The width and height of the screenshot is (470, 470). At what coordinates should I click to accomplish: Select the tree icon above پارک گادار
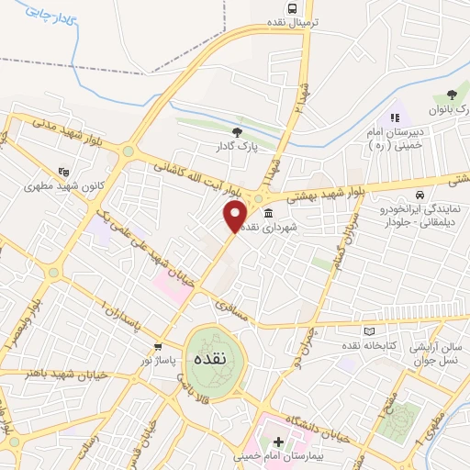pos(238,133)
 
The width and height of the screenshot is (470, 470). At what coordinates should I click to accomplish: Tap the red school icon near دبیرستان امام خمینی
pos(396,117)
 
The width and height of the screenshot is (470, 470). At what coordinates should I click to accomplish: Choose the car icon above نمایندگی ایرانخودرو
pos(419,196)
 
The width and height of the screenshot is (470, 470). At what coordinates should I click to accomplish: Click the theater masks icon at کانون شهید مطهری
pos(62,171)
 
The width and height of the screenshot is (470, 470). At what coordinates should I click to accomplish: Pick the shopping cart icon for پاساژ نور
pos(158,347)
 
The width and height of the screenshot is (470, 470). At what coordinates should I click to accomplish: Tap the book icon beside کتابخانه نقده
pos(369,331)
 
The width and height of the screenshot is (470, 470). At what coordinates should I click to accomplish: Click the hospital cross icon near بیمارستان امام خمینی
pos(277,442)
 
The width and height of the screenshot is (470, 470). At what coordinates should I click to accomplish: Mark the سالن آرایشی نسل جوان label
pos(439,353)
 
